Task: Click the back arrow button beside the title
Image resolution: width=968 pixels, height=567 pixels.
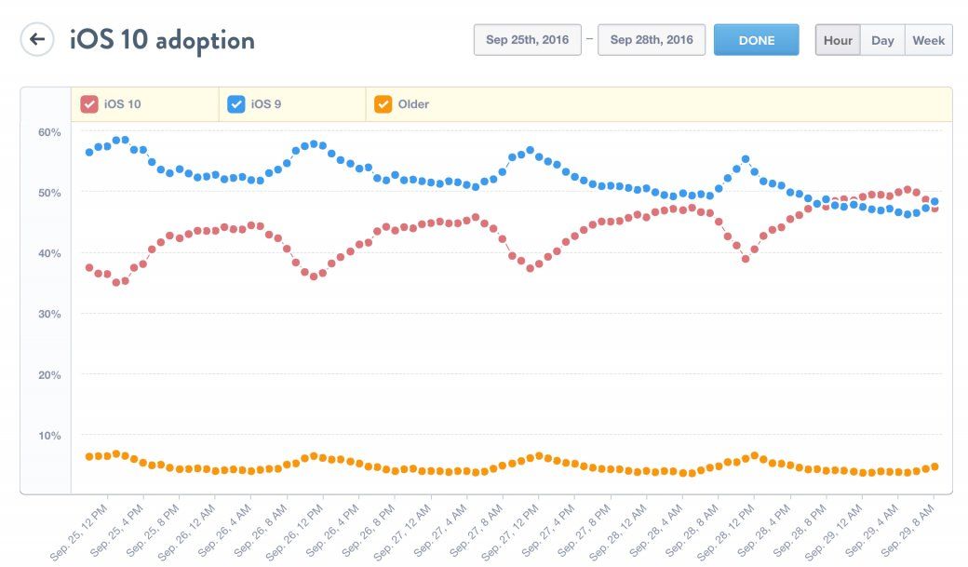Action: pos(37,39)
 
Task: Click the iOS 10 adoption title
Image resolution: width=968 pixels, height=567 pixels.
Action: pos(162,40)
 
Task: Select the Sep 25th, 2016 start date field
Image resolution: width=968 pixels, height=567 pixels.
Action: pos(528,40)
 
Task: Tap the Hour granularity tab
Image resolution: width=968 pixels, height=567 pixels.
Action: pos(838,40)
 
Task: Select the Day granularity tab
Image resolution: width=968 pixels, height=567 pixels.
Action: pos(882,40)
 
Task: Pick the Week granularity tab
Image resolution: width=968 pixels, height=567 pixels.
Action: pos(928,40)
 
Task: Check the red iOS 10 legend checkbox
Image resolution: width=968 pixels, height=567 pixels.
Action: pos(89,104)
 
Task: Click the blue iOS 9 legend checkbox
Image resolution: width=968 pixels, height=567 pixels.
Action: pos(236,104)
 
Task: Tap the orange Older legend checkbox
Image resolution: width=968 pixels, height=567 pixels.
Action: pos(383,104)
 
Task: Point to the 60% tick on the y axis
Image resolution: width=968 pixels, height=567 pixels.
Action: pos(49,132)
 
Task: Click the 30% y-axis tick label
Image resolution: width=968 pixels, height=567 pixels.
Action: pos(49,315)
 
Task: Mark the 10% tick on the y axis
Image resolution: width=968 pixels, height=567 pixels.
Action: pos(49,436)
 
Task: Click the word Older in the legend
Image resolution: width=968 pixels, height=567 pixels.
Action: pos(413,104)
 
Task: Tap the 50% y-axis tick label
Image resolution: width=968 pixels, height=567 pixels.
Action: pos(49,193)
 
